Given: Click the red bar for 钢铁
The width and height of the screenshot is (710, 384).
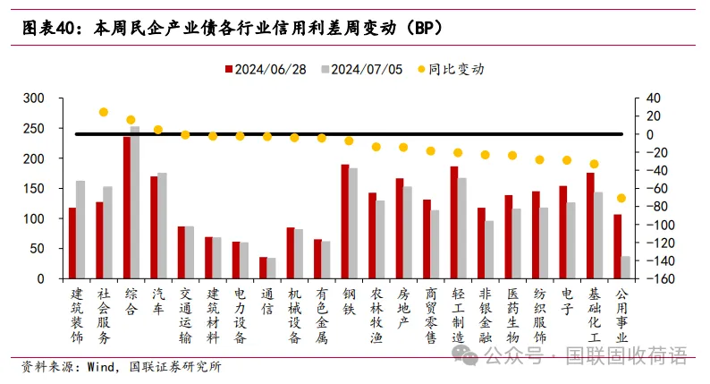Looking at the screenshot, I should (x=344, y=221).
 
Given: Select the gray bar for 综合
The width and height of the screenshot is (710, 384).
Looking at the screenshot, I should (x=135, y=202).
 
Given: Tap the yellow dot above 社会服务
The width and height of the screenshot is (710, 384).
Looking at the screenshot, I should (x=103, y=112).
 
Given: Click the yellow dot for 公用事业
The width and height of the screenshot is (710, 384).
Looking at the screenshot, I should (x=621, y=198).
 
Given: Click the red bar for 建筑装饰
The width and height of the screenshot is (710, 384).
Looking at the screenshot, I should (x=72, y=243).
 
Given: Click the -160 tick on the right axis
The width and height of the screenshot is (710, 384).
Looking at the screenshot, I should (x=655, y=278).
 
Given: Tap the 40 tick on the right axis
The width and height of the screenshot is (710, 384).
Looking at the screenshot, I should (x=651, y=98).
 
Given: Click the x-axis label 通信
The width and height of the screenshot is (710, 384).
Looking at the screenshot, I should (x=266, y=301).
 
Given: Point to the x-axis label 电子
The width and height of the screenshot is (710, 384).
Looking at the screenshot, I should (x=567, y=301).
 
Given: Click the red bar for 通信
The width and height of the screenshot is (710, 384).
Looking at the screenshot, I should (x=263, y=268).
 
